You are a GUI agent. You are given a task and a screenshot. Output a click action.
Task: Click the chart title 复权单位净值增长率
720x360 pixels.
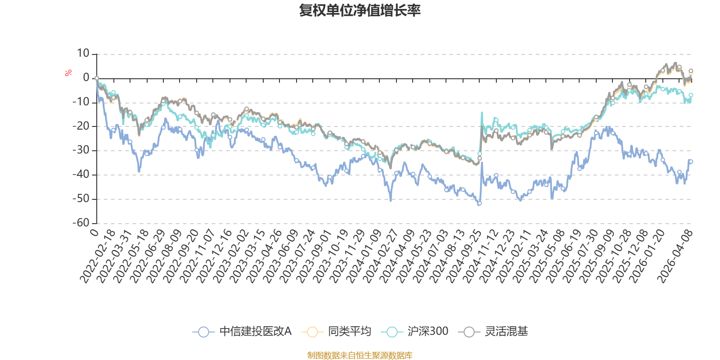[360, 10]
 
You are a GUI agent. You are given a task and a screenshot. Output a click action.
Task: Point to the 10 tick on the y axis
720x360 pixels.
[83, 54]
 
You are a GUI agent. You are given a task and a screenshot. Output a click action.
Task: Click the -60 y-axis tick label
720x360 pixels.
[81, 223]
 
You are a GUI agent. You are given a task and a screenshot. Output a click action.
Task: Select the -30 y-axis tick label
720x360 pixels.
[81, 150]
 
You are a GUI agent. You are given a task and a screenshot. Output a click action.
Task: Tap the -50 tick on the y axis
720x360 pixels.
[81, 198]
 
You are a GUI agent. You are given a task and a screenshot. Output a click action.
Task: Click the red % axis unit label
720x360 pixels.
[68, 73]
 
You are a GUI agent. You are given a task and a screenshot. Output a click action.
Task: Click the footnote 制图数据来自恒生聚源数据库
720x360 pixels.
[360, 355]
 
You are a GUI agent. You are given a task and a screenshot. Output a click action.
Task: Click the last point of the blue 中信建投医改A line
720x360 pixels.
[691, 162]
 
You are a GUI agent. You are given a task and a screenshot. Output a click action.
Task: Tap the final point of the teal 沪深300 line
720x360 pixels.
[691, 95]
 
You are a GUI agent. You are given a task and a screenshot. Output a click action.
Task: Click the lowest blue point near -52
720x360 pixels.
[480, 203]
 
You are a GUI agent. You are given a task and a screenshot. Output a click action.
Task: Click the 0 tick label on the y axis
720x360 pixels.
[86, 78]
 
